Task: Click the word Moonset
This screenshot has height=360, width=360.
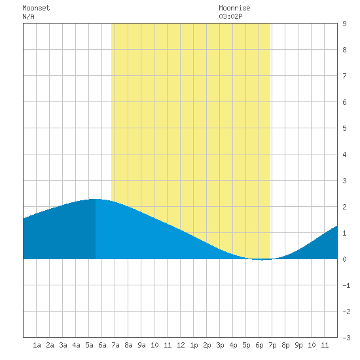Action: tap(36, 8)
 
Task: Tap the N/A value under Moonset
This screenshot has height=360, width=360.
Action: tap(28, 16)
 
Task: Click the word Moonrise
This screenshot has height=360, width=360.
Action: tap(234, 8)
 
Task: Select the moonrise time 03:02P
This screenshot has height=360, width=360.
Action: tap(230, 16)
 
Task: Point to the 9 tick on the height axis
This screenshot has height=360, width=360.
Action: tap(344, 24)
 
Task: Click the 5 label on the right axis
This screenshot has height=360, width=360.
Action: tap(344, 128)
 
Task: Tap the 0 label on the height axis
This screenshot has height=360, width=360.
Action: tap(344, 259)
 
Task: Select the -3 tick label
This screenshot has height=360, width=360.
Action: tap(346, 338)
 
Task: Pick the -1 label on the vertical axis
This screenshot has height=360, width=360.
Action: tap(346, 285)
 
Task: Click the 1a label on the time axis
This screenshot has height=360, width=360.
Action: tap(37, 345)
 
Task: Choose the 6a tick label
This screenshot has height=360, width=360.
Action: tap(102, 345)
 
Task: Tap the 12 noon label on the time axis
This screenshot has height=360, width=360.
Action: tap(181, 345)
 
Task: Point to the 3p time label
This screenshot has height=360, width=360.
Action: tap(220, 345)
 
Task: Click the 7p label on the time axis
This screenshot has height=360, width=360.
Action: tap(272, 345)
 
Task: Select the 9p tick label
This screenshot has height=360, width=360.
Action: tap(298, 345)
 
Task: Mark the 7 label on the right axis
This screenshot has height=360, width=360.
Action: tap(344, 76)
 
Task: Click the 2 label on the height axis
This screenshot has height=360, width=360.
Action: tap(344, 207)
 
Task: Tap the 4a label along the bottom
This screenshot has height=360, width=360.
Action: tap(76, 345)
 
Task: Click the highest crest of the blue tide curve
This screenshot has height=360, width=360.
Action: tap(95, 199)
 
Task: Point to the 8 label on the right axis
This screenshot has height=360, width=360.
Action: tap(344, 50)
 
